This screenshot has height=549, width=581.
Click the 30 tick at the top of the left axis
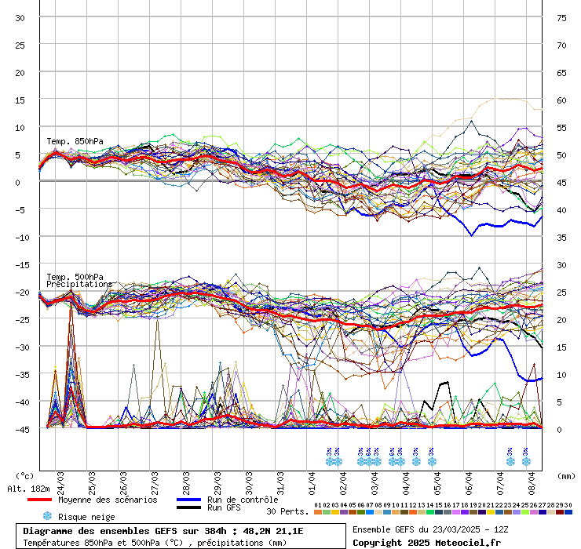pos(21,17)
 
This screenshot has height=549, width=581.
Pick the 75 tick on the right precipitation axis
pos(562,17)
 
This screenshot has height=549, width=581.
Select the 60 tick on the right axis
pos(562,100)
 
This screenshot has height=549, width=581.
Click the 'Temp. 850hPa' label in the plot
pos(75,141)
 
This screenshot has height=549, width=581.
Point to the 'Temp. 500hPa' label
pos(75,277)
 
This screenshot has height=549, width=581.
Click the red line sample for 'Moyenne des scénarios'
pos(38,500)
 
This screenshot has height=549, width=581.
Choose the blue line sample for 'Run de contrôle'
pos(188,500)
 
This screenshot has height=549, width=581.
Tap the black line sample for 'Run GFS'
pos(188,508)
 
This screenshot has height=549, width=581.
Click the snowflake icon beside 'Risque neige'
pos(46,516)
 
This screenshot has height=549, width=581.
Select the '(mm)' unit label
pos(566,475)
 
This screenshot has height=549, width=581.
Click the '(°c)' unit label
pos(24,475)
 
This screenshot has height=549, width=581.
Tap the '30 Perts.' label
pos(286,511)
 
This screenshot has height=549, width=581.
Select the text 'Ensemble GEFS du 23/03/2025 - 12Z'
pos(429,530)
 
